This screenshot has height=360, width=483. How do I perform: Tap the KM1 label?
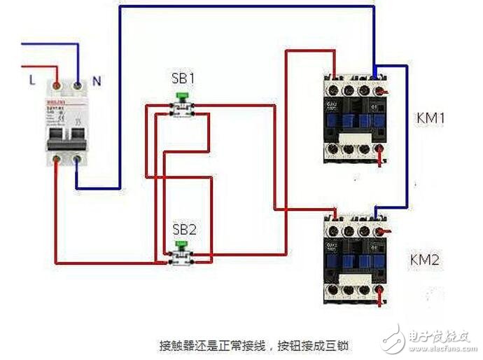point(430,118)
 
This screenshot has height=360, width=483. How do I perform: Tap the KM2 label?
point(424,261)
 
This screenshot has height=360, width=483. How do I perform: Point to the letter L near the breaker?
point(32,80)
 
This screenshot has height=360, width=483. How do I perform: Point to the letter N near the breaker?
point(97,81)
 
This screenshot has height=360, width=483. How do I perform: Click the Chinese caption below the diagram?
point(253,346)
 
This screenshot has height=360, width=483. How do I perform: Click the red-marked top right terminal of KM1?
point(379,90)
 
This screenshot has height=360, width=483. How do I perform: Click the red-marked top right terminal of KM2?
point(379,230)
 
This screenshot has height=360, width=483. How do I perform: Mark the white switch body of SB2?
point(183,258)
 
